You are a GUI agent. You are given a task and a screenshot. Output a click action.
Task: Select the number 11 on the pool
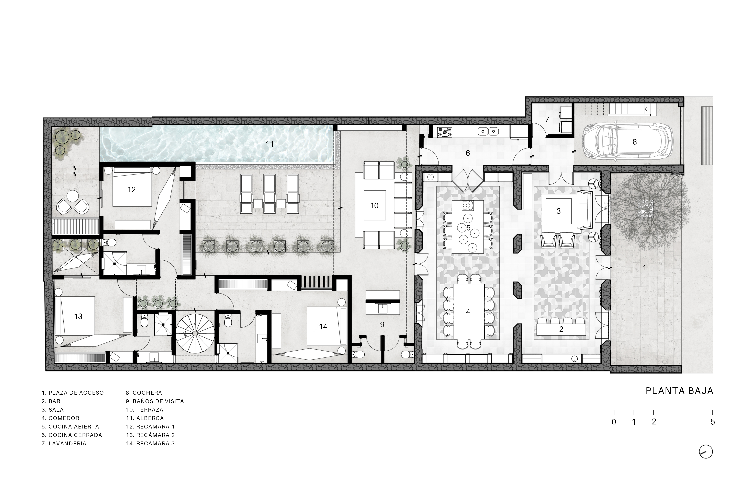tap(269, 144)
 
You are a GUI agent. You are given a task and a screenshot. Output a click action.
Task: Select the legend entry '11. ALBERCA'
tap(145, 418)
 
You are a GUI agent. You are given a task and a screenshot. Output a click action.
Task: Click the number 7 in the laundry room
tap(547, 120)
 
